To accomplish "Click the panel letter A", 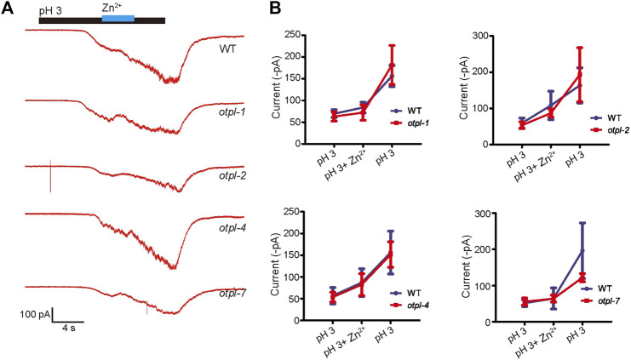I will pos(8,9).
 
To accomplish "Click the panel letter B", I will pos(275,9).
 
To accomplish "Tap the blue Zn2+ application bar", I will pos(118,19).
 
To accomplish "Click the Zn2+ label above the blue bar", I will pos(116,7).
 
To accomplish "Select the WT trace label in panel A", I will pos(226,49).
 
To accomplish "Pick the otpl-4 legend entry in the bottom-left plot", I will pos(418,303).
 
